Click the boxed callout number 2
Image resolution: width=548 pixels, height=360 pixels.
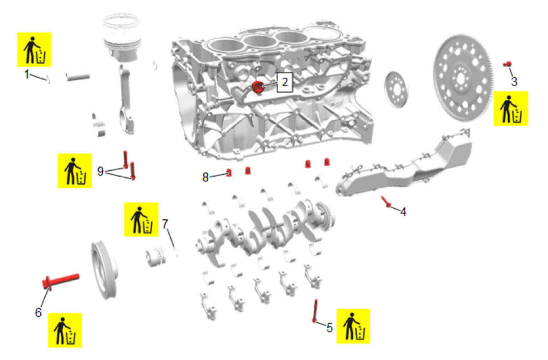pos(285,82)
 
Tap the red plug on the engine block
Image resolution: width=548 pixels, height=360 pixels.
pos(258,87)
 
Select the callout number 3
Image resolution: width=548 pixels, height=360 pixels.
pos(514,82)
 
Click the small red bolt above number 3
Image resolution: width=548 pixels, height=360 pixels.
pos(507,64)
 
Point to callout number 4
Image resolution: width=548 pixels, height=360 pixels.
pos(403,212)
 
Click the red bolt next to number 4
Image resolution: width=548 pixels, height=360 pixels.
pos(386,202)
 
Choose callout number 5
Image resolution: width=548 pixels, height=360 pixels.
pos(330,328)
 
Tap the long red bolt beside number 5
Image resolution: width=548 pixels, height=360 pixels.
pos(315,311)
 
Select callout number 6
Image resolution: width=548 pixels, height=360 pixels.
pos(38,312)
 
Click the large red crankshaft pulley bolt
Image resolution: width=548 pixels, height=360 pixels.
pos(61,282)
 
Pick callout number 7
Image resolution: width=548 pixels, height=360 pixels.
pos(165,224)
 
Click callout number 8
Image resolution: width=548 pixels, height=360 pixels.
pos(205,177)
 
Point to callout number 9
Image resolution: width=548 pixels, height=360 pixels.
pos(100,171)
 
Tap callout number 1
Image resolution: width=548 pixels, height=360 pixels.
pos(27,74)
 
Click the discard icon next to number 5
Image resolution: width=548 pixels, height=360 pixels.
pos(353,326)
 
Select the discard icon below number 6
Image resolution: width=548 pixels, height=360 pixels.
pos(65,330)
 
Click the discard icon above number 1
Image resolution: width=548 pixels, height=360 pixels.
pos(34,49)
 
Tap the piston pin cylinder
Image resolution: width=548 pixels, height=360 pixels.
pos(78,77)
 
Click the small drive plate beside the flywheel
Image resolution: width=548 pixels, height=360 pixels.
pos(396,90)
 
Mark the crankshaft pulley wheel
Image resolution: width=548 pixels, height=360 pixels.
pos(105,270)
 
